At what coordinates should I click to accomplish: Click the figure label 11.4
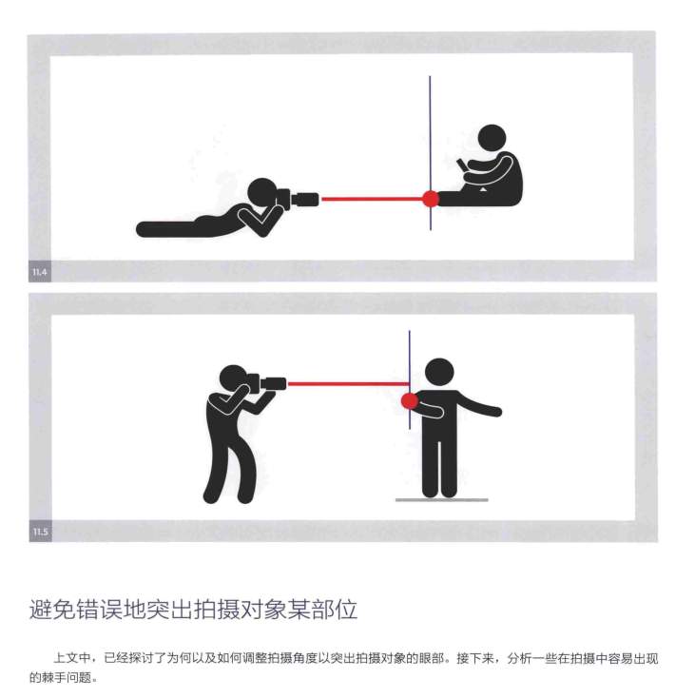pyautogui.click(x=40, y=272)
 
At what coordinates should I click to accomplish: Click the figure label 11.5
pyautogui.click(x=40, y=532)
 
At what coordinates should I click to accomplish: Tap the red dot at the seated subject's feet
pyautogui.click(x=431, y=199)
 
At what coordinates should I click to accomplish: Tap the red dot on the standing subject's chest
pyautogui.click(x=410, y=400)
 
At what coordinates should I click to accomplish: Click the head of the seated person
pyautogui.click(x=492, y=139)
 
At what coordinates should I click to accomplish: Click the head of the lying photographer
pyautogui.click(x=261, y=192)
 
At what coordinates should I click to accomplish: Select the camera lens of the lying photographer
pyautogui.click(x=305, y=200)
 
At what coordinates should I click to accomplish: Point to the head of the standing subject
pyautogui.click(x=439, y=373)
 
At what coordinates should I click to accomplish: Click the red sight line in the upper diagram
pyautogui.click(x=372, y=199)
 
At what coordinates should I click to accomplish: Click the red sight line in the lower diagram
pyautogui.click(x=348, y=383)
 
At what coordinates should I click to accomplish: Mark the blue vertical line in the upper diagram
pyautogui.click(x=431, y=153)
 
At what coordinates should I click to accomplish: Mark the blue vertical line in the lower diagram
pyautogui.click(x=410, y=379)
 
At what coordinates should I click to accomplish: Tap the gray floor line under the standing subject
pyautogui.click(x=442, y=500)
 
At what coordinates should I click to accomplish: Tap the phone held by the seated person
pyautogui.click(x=462, y=165)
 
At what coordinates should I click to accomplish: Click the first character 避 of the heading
pyautogui.click(x=41, y=610)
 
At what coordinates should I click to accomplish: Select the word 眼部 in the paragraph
pyautogui.click(x=431, y=658)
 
